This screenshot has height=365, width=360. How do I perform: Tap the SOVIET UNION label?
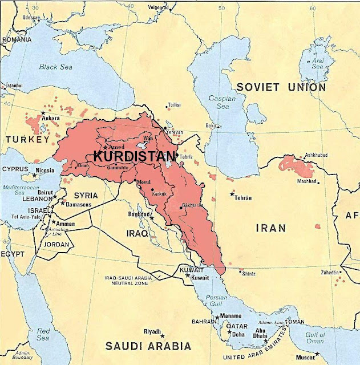pos(281,87)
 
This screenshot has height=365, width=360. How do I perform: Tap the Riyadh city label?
pos(152,331)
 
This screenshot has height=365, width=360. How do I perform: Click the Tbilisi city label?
pos(174,106)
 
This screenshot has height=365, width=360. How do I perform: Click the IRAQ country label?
pos(137,234)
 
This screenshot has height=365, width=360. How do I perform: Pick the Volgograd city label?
pos(159,7)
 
